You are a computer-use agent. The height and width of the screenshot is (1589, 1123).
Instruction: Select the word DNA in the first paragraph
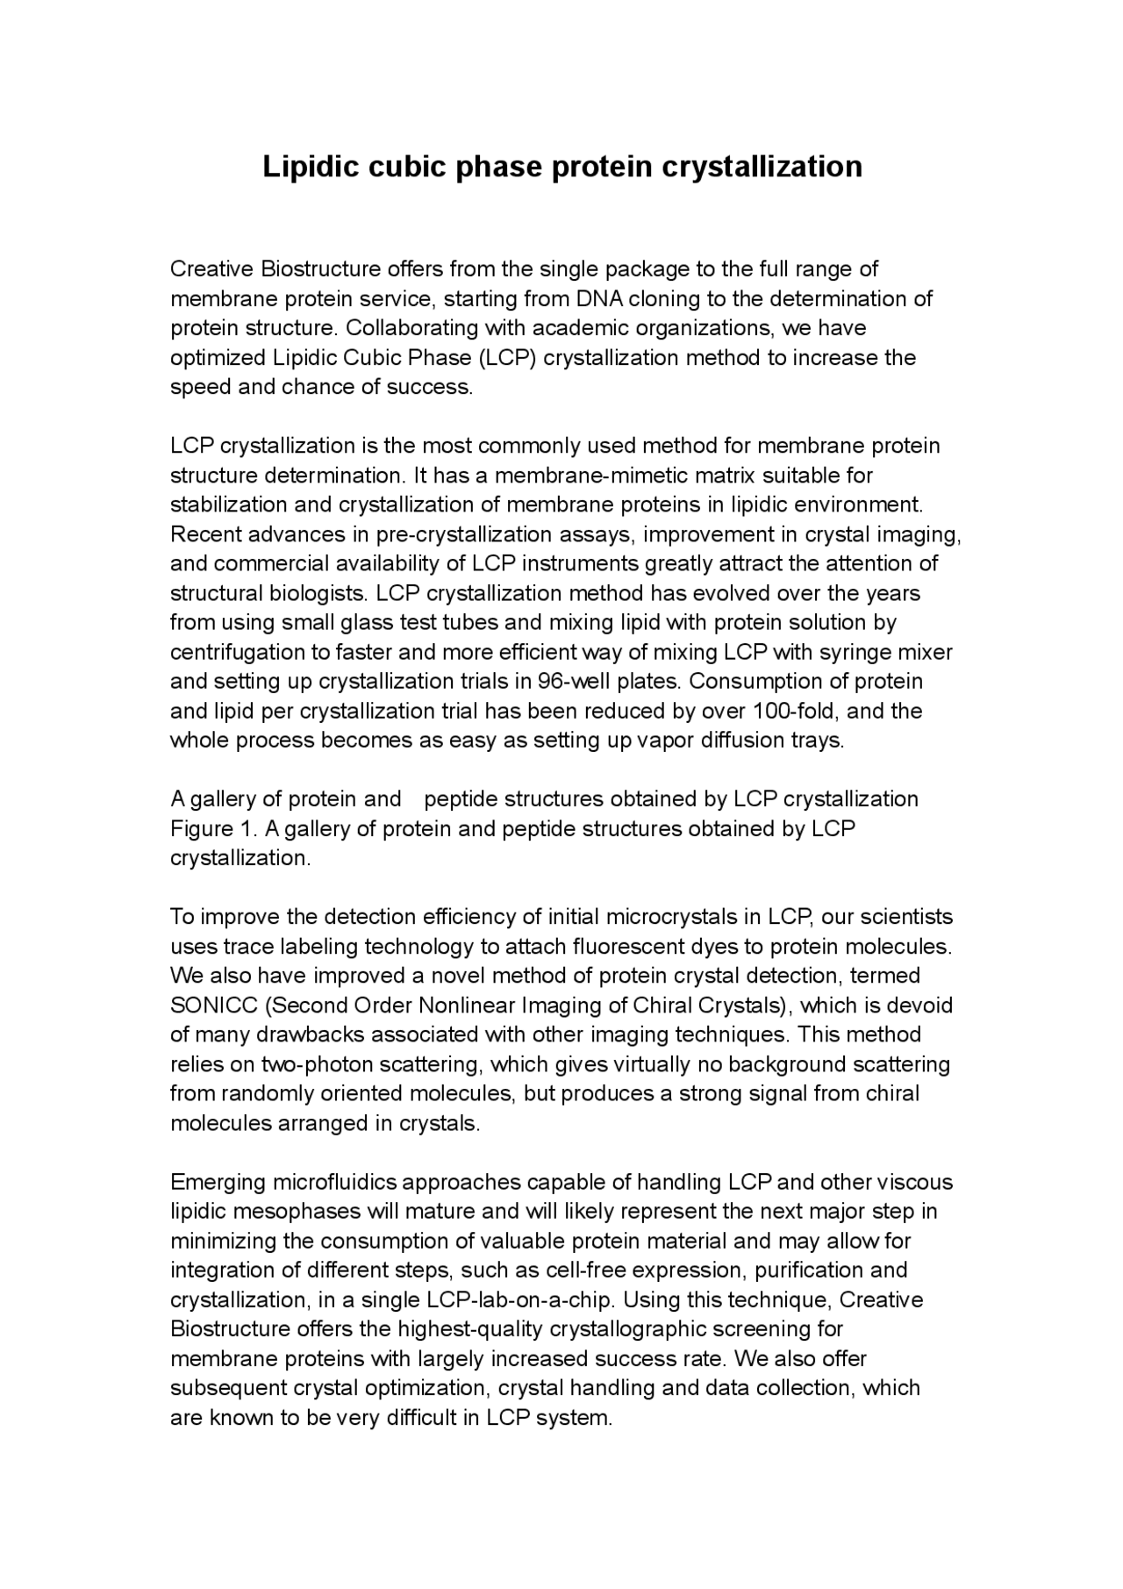click(600, 299)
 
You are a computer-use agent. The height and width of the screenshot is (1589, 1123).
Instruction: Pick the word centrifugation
click(232, 652)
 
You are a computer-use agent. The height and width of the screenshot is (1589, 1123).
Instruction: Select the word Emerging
click(218, 1182)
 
